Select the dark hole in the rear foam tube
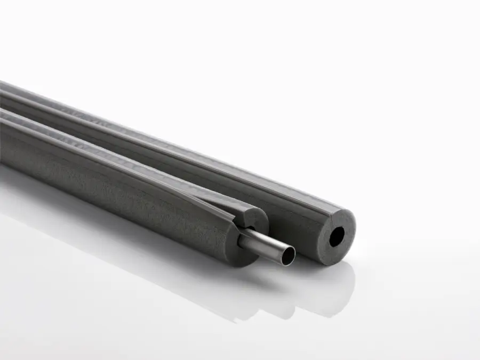337,237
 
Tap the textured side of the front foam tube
133,192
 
